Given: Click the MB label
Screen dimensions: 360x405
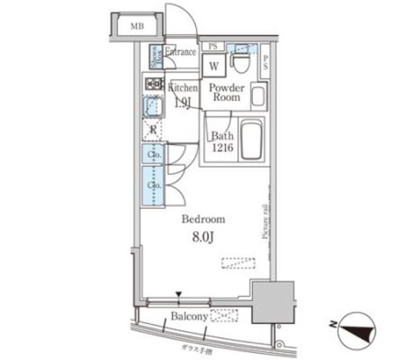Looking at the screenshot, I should click(x=137, y=27).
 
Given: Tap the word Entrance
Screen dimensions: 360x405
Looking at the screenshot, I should click(x=181, y=52).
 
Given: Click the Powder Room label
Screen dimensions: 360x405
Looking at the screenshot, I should click(x=226, y=93).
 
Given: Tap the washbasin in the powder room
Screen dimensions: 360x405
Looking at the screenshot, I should click(x=258, y=96).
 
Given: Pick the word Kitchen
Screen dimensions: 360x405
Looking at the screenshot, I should click(x=182, y=89).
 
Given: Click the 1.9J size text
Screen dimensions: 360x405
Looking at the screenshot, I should click(x=181, y=103).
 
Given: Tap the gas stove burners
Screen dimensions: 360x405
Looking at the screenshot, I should click(x=154, y=84).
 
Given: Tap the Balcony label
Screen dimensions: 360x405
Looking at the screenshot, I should click(x=189, y=315).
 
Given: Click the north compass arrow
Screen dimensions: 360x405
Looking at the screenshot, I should click(x=352, y=329).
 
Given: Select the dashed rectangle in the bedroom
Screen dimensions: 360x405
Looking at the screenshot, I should click(x=238, y=263).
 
